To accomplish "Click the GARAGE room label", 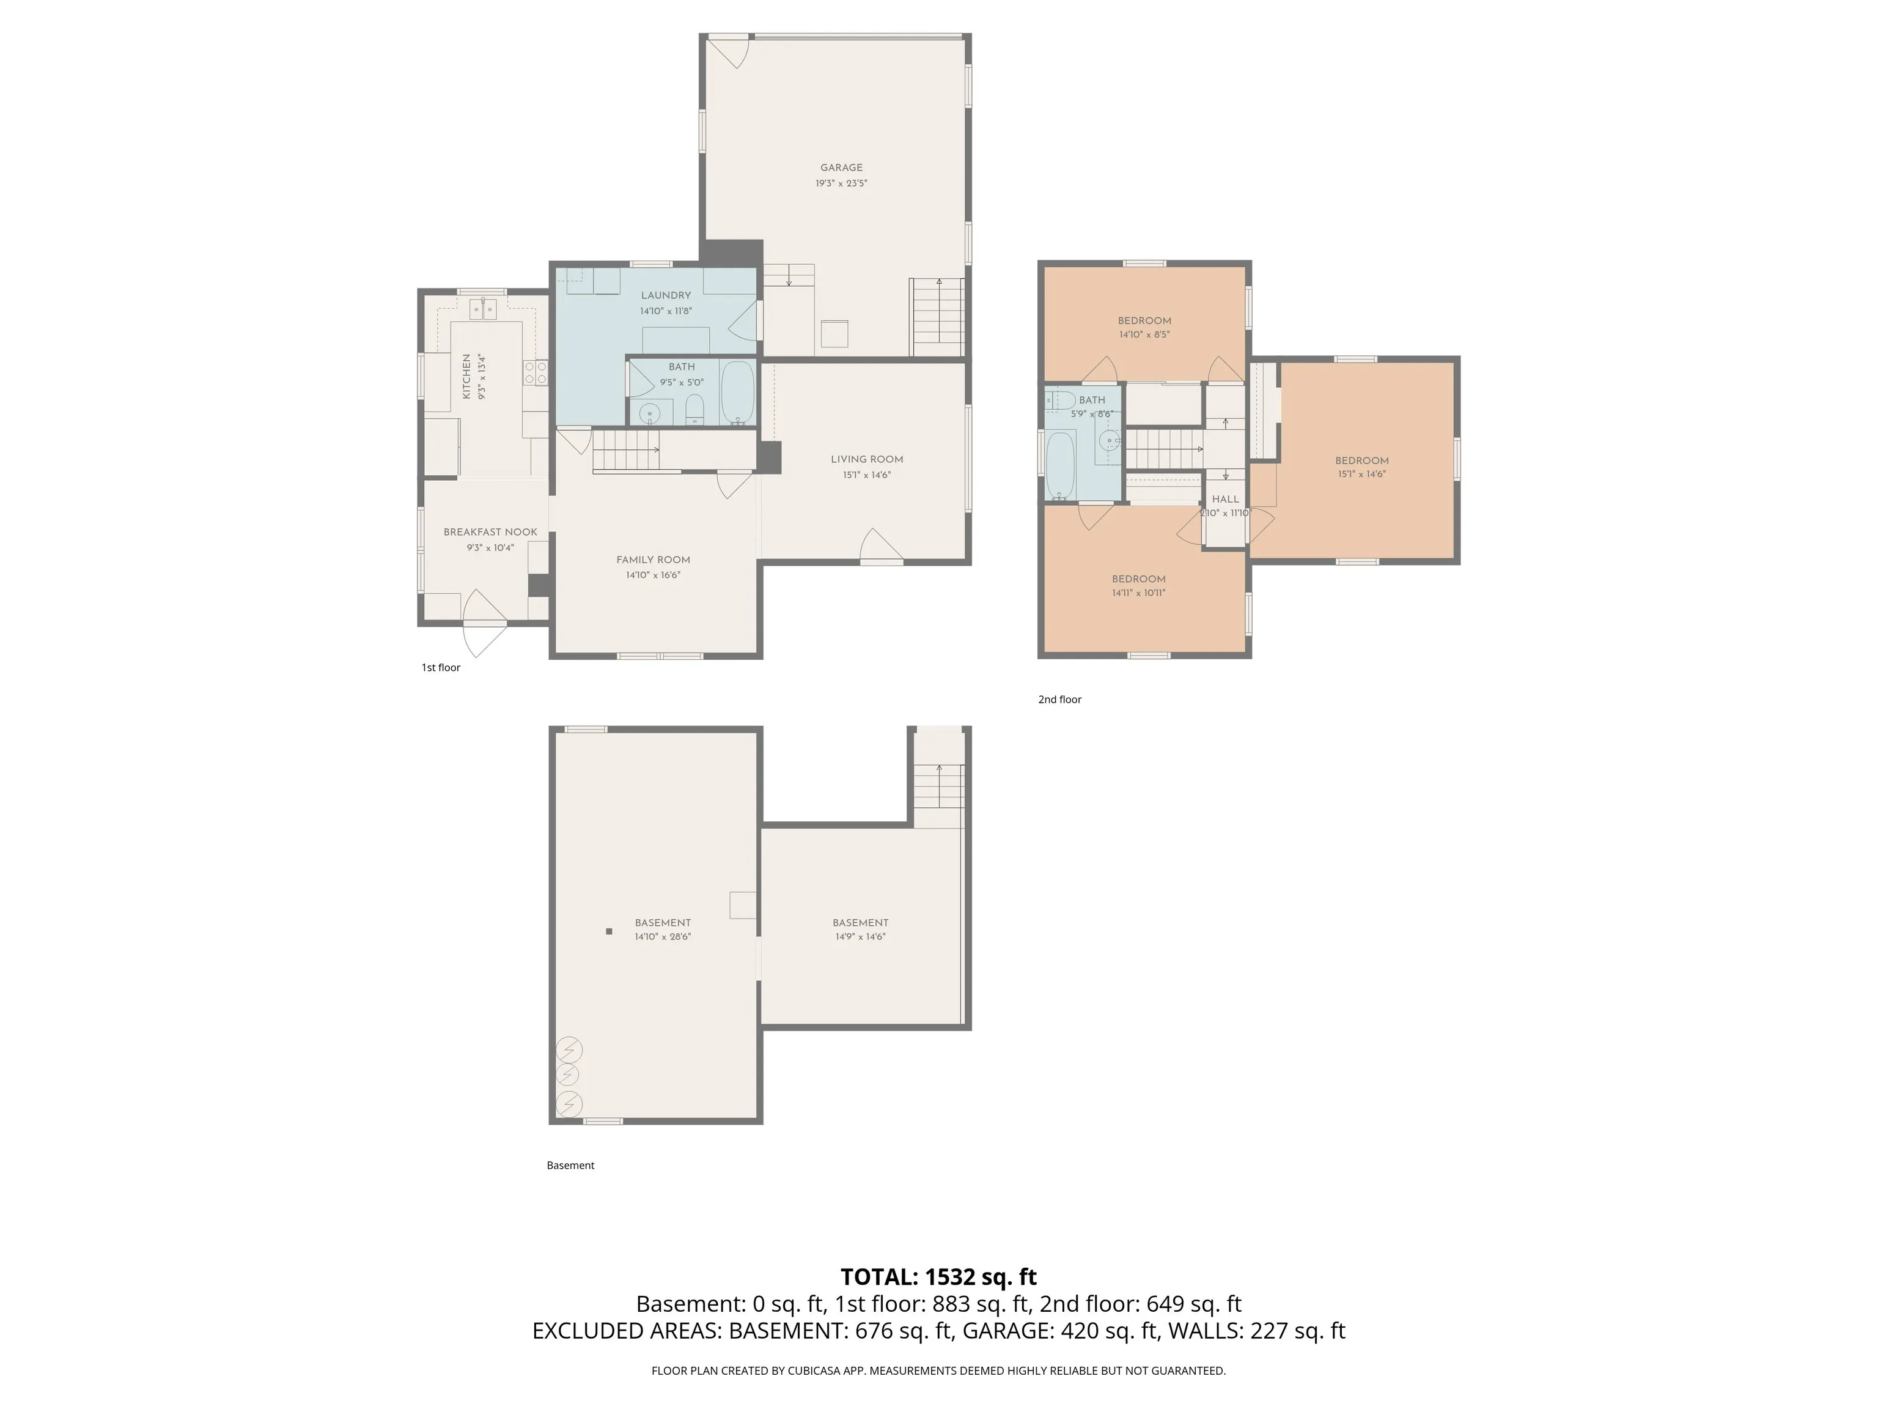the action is pos(841,168).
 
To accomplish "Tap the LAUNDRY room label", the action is pos(666,295).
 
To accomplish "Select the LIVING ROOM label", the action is pos(867,459).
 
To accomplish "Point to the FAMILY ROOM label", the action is pos(653,560).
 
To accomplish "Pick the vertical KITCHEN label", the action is pos(466,377).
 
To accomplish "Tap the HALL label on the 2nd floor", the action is pos(1225,500).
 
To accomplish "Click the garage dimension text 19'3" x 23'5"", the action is pos(841,183).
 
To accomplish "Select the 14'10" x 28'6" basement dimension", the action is pos(663,937).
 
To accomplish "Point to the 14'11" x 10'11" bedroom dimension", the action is pos(1138,593).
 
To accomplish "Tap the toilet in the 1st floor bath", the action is pos(694,409).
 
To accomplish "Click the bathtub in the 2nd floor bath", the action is pos(1061,465).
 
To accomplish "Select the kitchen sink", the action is pos(483,308).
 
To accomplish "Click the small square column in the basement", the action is pos(609,932).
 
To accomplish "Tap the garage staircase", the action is pos(938,317).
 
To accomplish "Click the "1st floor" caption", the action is pos(441,668).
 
